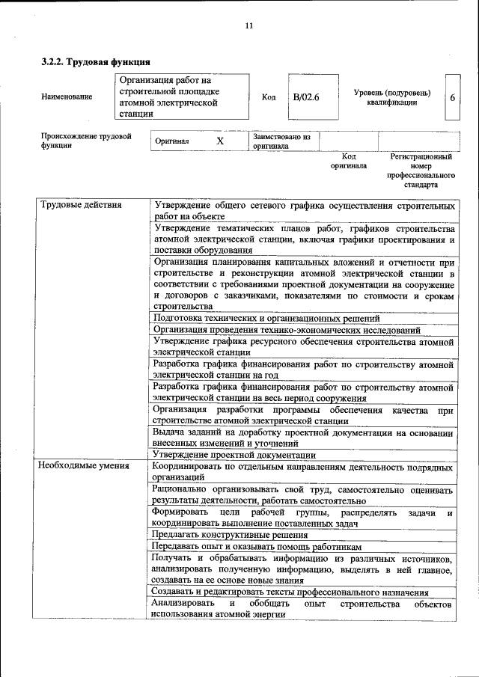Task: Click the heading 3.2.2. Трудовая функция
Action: click(96, 62)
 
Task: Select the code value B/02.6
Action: click(306, 97)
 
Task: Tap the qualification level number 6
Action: click(452, 97)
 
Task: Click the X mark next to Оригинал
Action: click(220, 141)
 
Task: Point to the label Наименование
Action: click(67, 97)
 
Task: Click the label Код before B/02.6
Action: click(269, 97)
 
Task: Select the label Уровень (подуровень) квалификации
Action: click(391, 97)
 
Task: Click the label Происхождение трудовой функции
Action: click(85, 141)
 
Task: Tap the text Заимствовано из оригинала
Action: click(281, 141)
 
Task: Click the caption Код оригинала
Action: click(349, 161)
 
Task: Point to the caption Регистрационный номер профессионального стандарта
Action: click(421, 171)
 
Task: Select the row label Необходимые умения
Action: click(84, 466)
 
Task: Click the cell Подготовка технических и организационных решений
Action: click(266, 318)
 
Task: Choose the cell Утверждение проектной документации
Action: click(234, 454)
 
